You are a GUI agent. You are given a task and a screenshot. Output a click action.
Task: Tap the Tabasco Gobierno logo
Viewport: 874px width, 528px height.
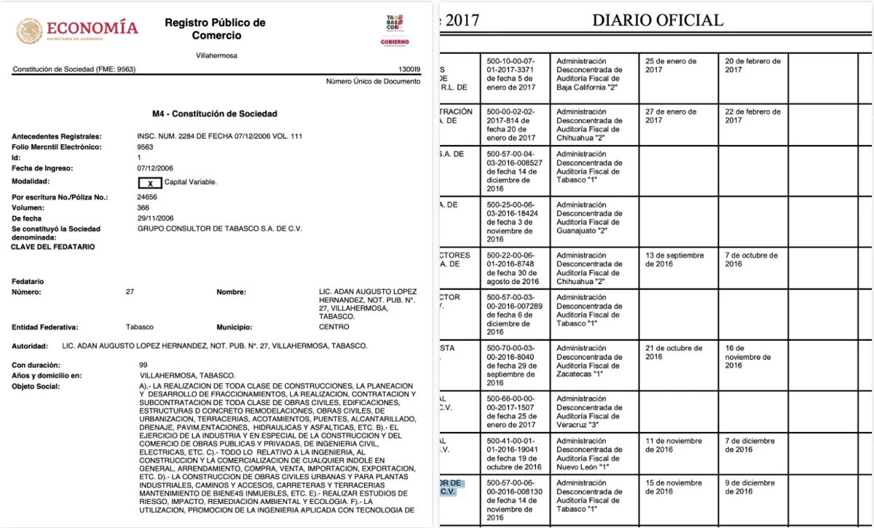click(x=395, y=30)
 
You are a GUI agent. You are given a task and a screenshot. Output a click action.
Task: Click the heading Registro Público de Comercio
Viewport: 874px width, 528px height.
click(x=215, y=29)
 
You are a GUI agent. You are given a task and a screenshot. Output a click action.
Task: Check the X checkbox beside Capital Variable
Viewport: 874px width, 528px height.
click(x=149, y=182)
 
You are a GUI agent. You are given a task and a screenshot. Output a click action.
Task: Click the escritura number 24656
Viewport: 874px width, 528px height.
click(x=148, y=197)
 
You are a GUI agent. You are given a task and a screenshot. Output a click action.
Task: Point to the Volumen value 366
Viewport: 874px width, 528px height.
click(x=144, y=208)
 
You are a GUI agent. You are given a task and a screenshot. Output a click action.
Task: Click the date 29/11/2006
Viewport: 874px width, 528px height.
click(x=155, y=218)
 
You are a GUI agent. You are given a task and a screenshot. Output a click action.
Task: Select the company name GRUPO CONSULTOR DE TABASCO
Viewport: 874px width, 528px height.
click(x=219, y=229)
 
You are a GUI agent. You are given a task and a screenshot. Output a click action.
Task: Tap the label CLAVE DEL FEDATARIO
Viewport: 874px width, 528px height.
click(x=52, y=247)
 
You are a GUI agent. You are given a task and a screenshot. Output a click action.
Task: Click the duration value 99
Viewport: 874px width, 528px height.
click(x=143, y=364)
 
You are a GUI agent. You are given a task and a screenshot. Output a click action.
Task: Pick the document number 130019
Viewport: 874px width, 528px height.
click(x=410, y=70)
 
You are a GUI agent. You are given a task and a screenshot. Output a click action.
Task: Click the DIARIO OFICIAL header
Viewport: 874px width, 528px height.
click(x=658, y=20)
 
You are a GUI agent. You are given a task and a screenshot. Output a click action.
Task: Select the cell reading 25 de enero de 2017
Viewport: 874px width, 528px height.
click(x=671, y=66)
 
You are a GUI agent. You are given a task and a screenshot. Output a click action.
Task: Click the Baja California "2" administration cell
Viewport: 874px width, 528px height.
click(x=590, y=74)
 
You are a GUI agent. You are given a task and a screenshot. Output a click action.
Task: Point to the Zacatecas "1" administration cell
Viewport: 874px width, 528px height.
click(x=590, y=361)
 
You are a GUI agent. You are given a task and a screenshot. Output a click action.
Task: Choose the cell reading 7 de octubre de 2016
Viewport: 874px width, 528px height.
click(x=752, y=259)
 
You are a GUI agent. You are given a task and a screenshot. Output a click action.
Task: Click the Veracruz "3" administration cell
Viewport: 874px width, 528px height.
click(x=590, y=411)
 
